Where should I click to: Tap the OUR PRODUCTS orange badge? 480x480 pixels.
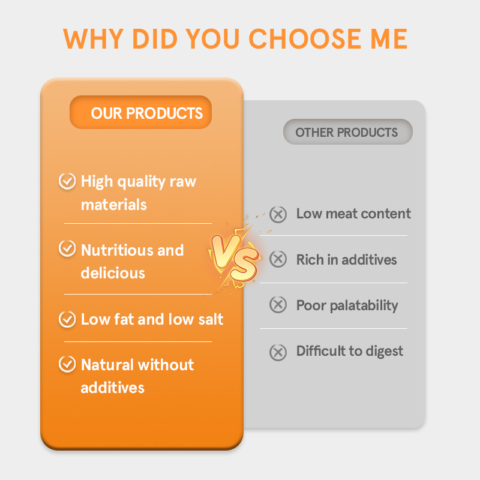[x=141, y=113]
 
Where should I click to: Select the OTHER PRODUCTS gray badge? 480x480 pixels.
[x=347, y=132]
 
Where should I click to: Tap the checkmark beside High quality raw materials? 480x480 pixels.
[x=67, y=181]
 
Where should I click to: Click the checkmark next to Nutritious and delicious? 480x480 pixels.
[x=67, y=250]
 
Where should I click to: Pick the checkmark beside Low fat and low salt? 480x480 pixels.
[x=67, y=319]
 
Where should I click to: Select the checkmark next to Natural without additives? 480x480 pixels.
[x=67, y=364]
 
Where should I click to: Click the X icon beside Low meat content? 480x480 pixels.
[x=278, y=214]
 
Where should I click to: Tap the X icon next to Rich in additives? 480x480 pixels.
[x=278, y=260]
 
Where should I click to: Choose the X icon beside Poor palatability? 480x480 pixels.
[x=278, y=305]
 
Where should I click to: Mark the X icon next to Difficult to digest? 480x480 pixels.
[x=278, y=352]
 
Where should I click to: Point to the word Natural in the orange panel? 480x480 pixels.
[x=107, y=365]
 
